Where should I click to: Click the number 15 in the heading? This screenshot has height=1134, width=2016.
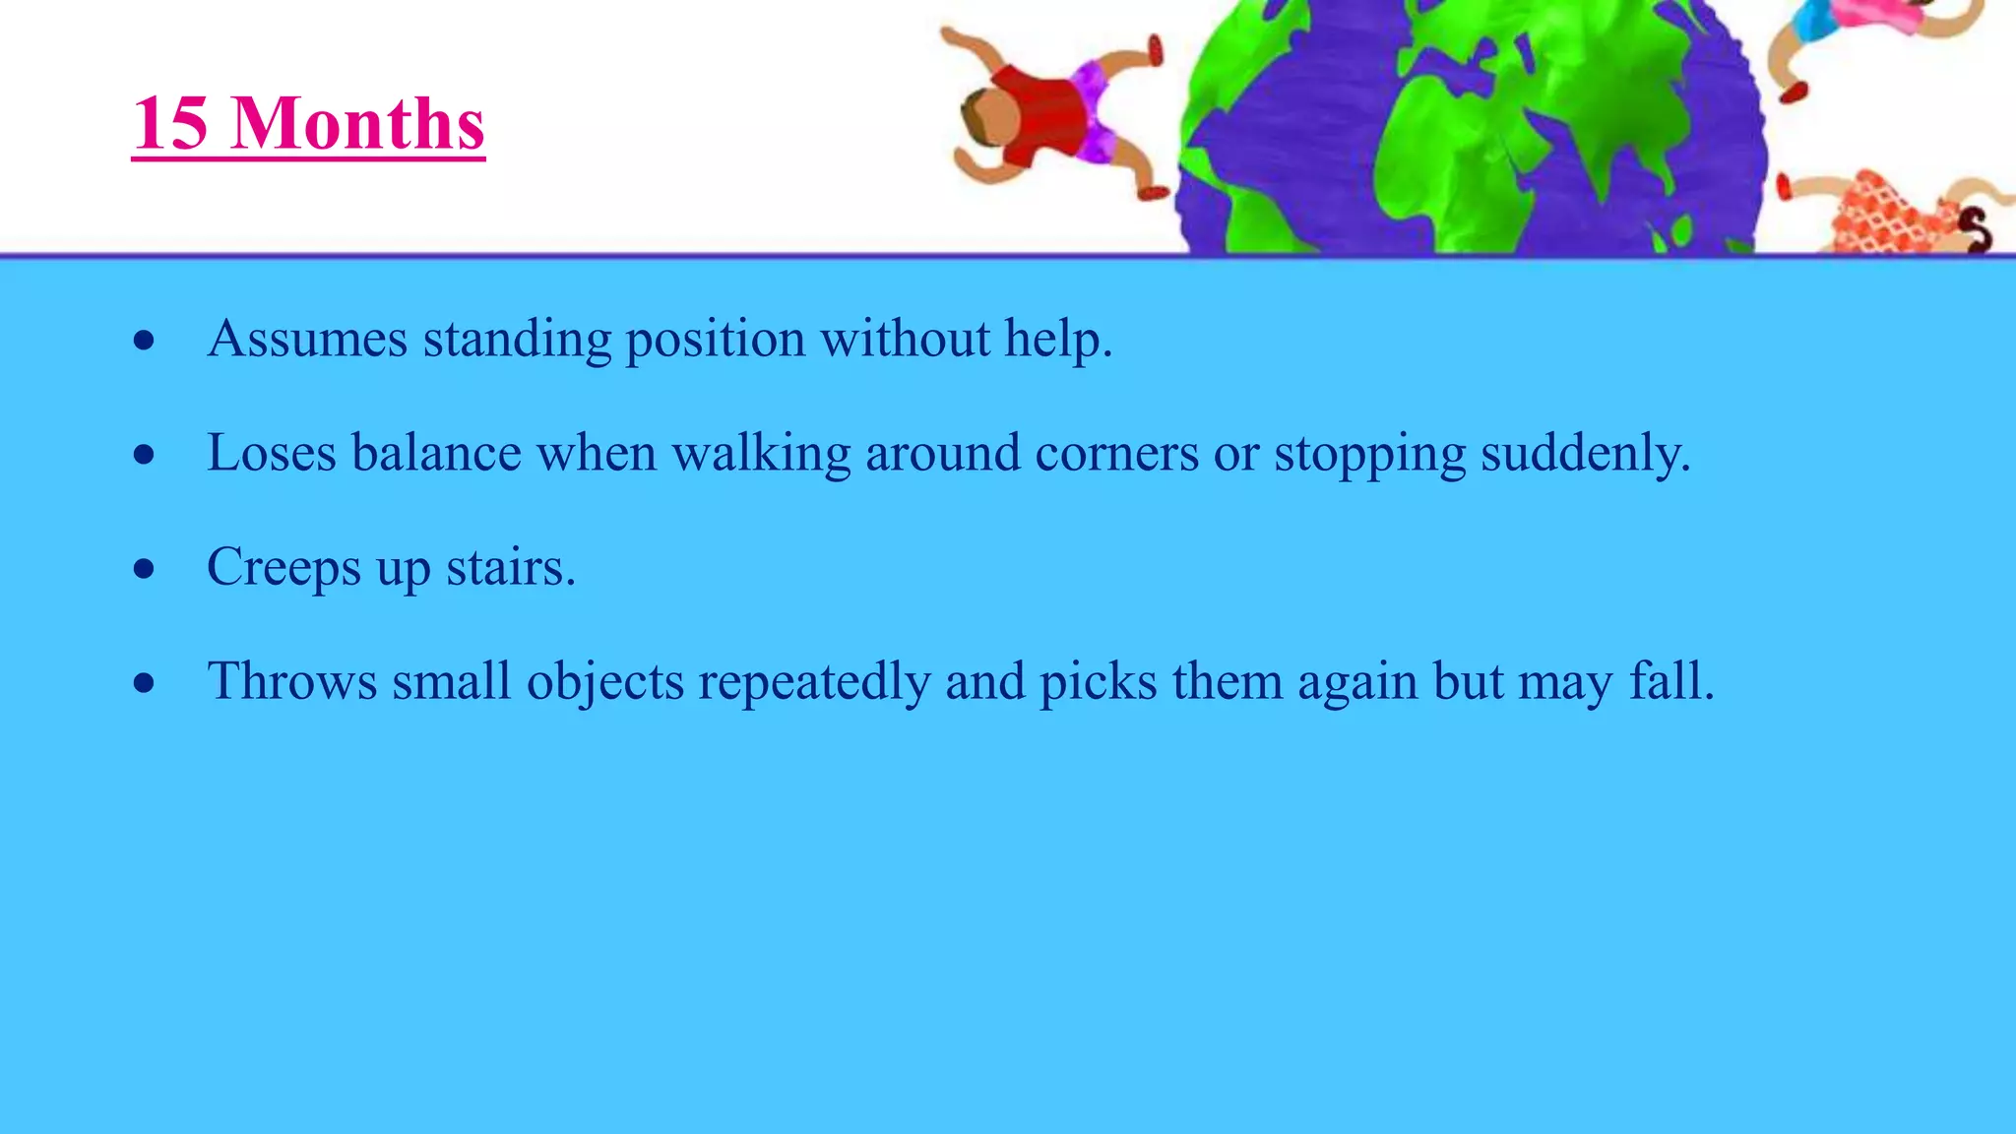pyautogui.click(x=170, y=124)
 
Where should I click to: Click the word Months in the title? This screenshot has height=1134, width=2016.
pyautogui.click(x=357, y=124)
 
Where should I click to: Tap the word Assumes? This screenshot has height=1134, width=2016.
pyautogui.click(x=307, y=340)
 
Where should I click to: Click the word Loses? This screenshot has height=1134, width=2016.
pyautogui.click(x=272, y=454)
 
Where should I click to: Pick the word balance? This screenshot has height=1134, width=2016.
pyautogui.click(x=436, y=454)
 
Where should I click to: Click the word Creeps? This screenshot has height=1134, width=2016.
pyautogui.click(x=283, y=569)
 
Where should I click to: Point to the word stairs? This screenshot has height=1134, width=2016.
pyautogui.click(x=510, y=568)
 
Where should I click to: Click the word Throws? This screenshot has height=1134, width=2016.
pyautogui.click(x=292, y=681)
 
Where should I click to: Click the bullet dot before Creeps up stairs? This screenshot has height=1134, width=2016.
pyautogui.click(x=145, y=569)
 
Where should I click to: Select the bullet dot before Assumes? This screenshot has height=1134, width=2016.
pyautogui.click(x=145, y=341)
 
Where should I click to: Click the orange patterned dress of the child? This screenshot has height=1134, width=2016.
pyautogui.click(x=1885, y=217)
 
